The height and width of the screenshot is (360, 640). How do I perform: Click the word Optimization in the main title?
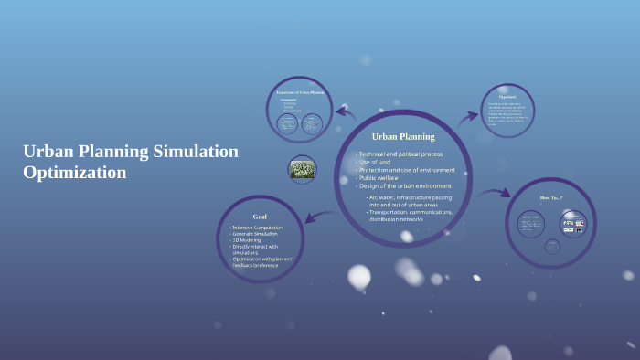(75, 171)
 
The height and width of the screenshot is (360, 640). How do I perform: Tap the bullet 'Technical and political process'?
(401, 154)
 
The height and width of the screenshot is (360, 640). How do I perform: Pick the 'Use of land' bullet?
(379, 163)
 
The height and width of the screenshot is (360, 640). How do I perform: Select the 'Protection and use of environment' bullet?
(406, 171)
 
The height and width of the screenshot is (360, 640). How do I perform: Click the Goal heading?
(259, 217)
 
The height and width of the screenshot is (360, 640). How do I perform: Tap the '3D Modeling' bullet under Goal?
(248, 240)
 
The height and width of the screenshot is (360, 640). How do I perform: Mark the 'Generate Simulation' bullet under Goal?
(256, 234)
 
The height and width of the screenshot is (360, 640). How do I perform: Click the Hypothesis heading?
(507, 97)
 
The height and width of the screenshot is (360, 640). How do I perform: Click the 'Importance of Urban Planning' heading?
(301, 93)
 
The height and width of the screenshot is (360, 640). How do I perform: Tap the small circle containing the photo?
(302, 169)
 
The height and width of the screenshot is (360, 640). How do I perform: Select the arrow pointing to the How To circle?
(495, 193)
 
